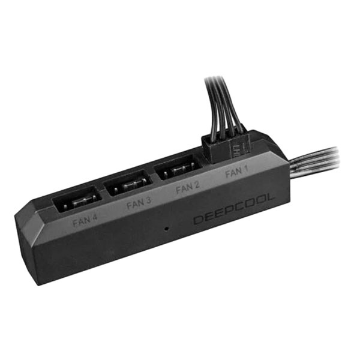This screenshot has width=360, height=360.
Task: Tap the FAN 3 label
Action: tap(139, 204)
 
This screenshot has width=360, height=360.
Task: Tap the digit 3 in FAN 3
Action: tap(148, 202)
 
